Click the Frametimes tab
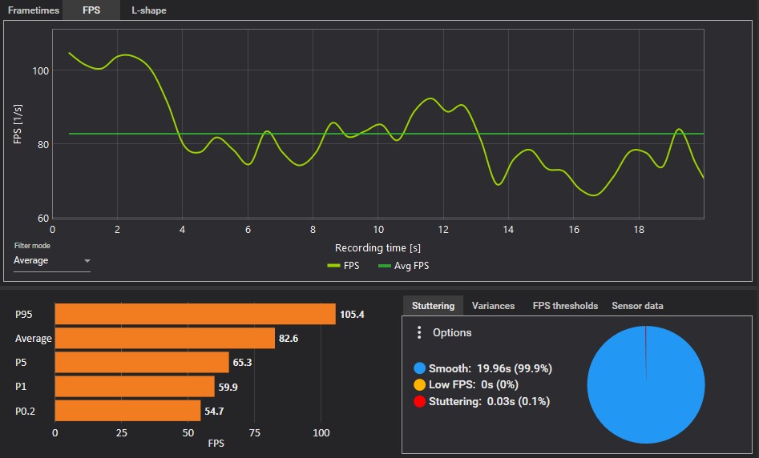31,10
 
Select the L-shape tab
149,10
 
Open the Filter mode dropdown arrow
87,261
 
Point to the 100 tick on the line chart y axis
40,70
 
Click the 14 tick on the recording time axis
508,229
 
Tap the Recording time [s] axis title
377,248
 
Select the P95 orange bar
195,314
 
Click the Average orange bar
164,339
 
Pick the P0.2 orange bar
127,411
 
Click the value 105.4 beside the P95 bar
352,314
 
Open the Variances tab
493,306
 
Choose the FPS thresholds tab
565,306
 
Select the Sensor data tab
637,306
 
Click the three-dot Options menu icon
418,332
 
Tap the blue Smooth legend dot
419,368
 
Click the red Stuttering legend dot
419,401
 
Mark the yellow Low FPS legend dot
419,385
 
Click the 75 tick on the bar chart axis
255,433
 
